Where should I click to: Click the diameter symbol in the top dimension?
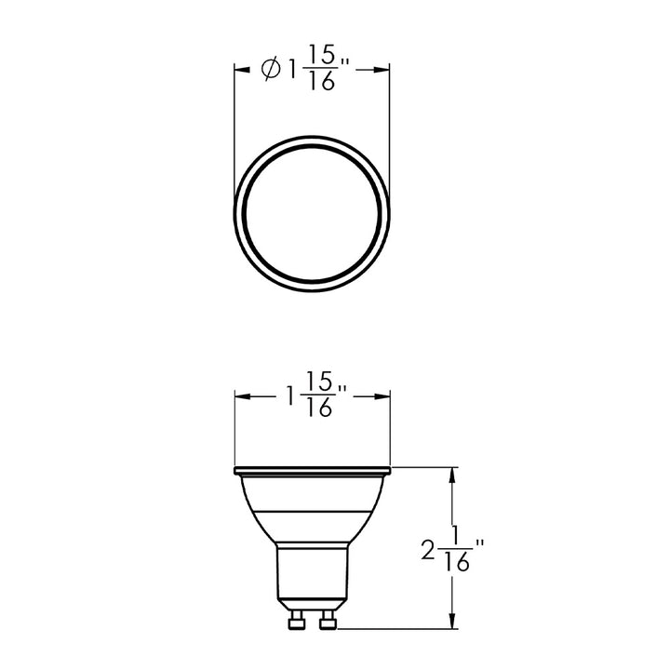pos(272,70)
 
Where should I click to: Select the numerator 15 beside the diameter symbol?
pos(319,57)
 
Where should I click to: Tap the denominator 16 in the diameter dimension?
pos(319,83)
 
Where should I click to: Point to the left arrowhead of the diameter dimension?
pos(240,70)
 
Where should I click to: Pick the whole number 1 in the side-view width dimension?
pos(291,397)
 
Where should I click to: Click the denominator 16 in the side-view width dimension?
pos(319,410)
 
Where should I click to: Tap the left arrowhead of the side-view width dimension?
pos(240,397)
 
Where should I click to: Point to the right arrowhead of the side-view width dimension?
pos(382,397)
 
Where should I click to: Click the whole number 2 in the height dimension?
pos(427,551)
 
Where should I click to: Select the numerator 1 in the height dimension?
pos(455,537)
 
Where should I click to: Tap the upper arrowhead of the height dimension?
pos(452,475)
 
